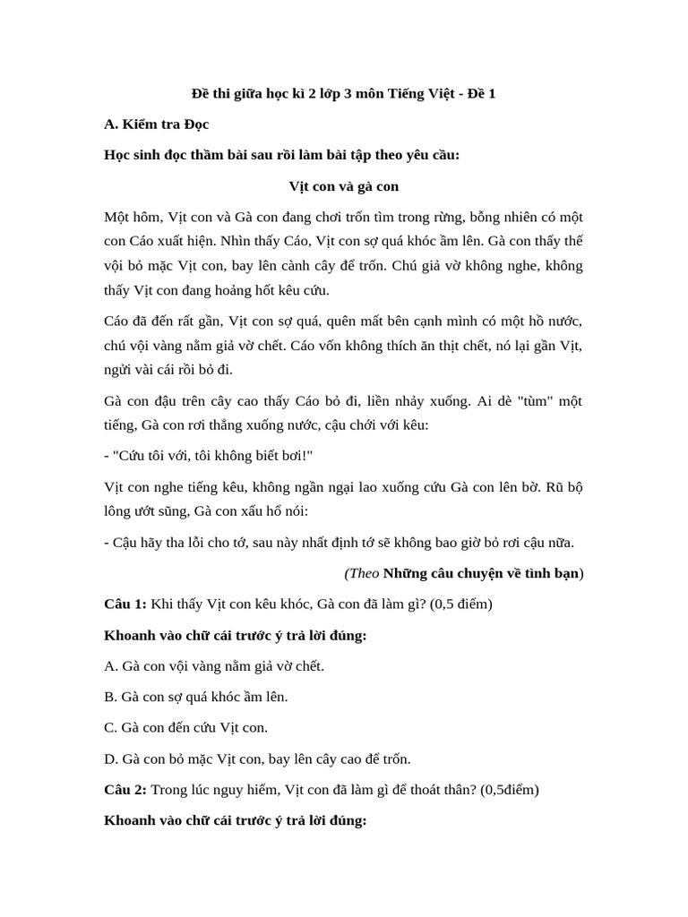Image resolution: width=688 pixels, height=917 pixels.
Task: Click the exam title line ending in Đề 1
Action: [x=343, y=93]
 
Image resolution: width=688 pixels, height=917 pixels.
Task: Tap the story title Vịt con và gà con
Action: [x=343, y=186]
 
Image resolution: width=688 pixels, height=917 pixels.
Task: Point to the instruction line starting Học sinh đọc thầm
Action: [x=281, y=155]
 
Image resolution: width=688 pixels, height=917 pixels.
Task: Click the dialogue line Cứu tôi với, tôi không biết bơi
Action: [x=212, y=456]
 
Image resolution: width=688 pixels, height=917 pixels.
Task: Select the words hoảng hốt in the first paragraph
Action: [x=247, y=290]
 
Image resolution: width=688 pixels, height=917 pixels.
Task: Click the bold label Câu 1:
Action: [x=125, y=604]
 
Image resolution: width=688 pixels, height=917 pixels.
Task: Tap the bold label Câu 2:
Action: [x=125, y=790]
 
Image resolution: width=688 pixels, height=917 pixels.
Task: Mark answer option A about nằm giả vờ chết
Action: [x=214, y=666]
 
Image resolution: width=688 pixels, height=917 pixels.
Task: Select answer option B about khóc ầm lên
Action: [x=196, y=697]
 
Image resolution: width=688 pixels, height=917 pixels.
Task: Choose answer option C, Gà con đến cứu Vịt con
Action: [x=185, y=728]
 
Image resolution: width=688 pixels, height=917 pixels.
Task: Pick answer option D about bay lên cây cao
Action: [x=257, y=759]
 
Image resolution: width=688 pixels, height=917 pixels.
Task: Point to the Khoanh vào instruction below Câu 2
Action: [x=235, y=820]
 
